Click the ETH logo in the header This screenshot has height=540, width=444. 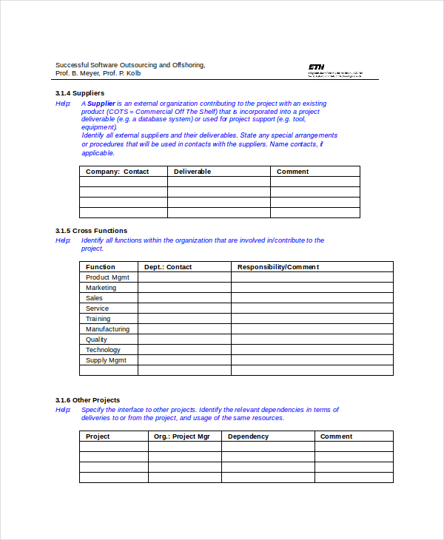(x=316, y=66)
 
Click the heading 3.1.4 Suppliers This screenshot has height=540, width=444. (x=79, y=93)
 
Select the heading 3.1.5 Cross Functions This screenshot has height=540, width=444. (x=91, y=231)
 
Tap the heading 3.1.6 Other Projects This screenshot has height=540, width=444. (x=87, y=400)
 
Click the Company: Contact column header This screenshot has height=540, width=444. (x=117, y=172)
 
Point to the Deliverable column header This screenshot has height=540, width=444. (x=192, y=172)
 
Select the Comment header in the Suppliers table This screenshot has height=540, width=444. (x=292, y=172)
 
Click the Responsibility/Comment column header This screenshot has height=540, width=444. (x=277, y=267)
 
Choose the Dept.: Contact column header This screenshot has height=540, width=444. (x=168, y=267)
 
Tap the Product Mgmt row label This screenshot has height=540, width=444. (x=107, y=277)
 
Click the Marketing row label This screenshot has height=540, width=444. (x=101, y=288)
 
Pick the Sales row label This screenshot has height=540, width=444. (x=94, y=298)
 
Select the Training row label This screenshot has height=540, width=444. (x=98, y=319)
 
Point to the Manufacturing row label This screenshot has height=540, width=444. (x=107, y=329)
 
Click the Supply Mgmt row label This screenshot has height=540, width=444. (x=106, y=360)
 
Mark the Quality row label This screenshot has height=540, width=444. (x=96, y=340)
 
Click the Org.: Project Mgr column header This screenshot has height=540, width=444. (x=182, y=436)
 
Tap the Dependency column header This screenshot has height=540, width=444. (x=248, y=436)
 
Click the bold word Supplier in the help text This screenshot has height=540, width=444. (x=101, y=104)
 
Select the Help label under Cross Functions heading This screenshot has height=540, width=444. (x=63, y=240)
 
